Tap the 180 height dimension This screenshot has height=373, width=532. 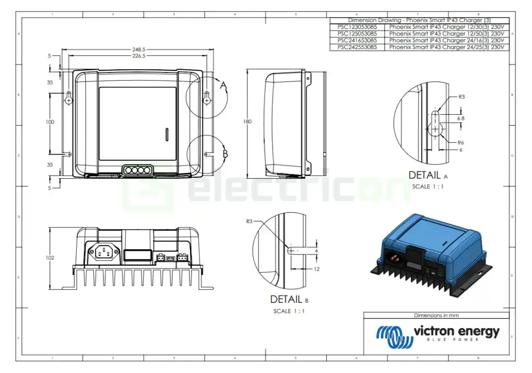pos(247,122)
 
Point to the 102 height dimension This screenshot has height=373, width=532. pos(50,258)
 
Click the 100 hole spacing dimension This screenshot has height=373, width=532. pos(50,122)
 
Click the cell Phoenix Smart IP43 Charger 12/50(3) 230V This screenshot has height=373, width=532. pos(446,34)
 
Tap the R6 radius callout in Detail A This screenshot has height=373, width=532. pos(460,143)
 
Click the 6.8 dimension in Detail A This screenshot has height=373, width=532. pos(460,118)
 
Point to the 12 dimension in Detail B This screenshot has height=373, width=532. pos(316,269)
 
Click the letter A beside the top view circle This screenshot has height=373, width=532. pos(224,86)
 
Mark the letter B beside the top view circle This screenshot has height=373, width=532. pos(225,154)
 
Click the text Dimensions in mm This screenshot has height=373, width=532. pos(436,315)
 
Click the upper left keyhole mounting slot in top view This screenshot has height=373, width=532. pos(69,98)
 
